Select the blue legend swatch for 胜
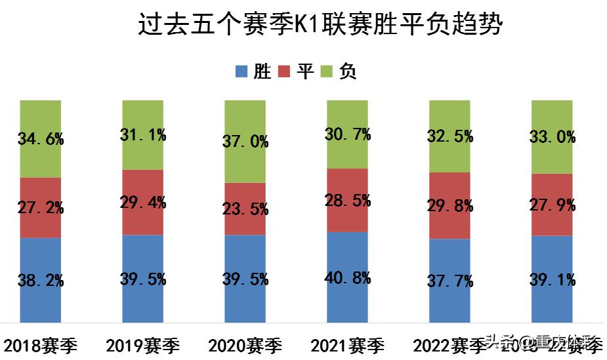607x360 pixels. [241, 71]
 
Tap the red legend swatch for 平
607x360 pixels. [285, 71]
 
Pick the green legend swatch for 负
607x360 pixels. [328, 71]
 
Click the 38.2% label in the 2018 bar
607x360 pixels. [41, 281]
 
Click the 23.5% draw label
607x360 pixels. [245, 209]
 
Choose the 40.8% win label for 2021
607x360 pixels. [348, 277]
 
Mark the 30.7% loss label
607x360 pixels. [348, 134]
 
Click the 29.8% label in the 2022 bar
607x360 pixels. [450, 206]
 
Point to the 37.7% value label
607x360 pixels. [450, 281]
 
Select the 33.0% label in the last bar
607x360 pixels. [552, 137]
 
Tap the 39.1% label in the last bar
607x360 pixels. [552, 280]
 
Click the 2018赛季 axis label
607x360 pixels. [41, 345]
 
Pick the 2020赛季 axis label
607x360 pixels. [245, 345]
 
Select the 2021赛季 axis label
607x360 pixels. [348, 345]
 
